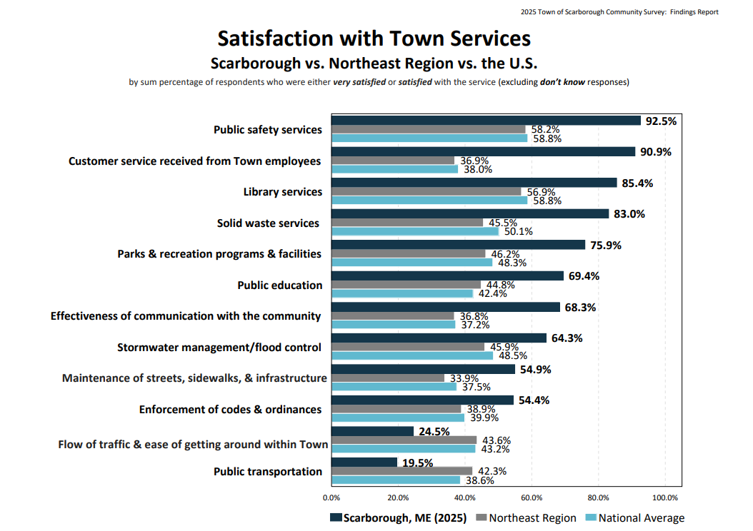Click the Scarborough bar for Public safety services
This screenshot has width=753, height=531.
[x=486, y=121]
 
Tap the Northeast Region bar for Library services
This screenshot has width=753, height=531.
[x=426, y=192]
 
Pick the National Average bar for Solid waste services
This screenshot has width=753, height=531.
[x=415, y=231]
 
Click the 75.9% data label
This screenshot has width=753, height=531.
[x=605, y=246]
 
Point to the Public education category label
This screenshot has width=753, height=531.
[x=279, y=285]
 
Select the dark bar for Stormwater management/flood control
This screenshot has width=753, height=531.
[x=439, y=338]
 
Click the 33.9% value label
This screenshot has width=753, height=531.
[x=463, y=378]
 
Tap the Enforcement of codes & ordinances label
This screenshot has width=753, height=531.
[x=229, y=410]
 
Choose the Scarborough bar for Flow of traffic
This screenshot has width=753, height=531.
[x=372, y=431]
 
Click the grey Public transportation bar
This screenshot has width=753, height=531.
[x=402, y=471]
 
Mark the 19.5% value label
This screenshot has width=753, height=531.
[x=417, y=463]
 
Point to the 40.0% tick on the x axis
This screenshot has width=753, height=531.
[x=465, y=497]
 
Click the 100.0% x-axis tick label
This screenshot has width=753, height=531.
[x=665, y=497]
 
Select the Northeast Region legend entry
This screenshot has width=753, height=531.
[x=526, y=518]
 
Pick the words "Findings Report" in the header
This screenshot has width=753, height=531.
[x=694, y=12]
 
